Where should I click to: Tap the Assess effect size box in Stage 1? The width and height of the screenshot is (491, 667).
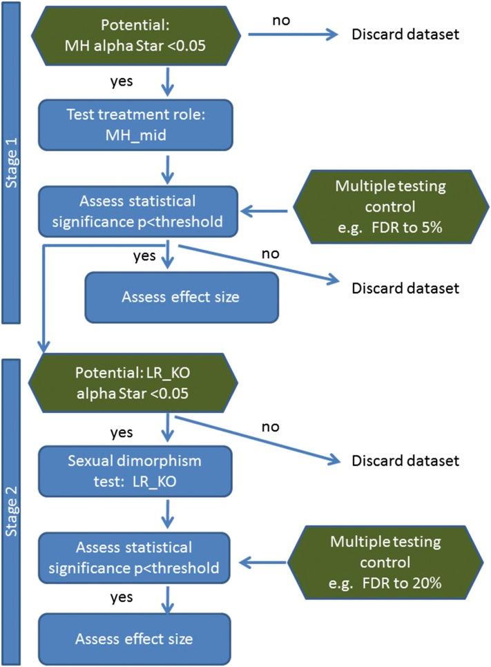click(x=181, y=298)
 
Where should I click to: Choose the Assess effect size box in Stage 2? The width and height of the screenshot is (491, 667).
click(x=134, y=639)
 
